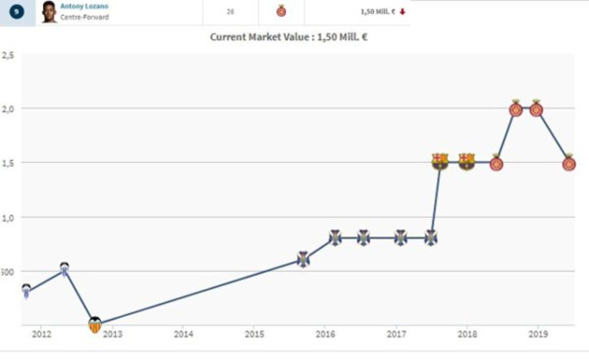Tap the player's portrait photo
(x=49, y=12)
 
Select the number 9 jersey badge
(x=17, y=12)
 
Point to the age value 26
(x=230, y=12)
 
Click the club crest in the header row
(x=281, y=11)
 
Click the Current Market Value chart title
(x=289, y=37)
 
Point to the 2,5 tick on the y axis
(x=8, y=55)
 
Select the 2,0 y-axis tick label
(x=8, y=108)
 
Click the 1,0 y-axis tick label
(x=8, y=217)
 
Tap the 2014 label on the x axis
(x=183, y=334)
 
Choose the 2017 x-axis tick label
(x=396, y=334)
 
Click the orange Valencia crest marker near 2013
(x=95, y=325)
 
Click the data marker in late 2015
(x=303, y=259)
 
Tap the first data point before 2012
(x=26, y=291)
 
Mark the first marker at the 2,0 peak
(x=515, y=109)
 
